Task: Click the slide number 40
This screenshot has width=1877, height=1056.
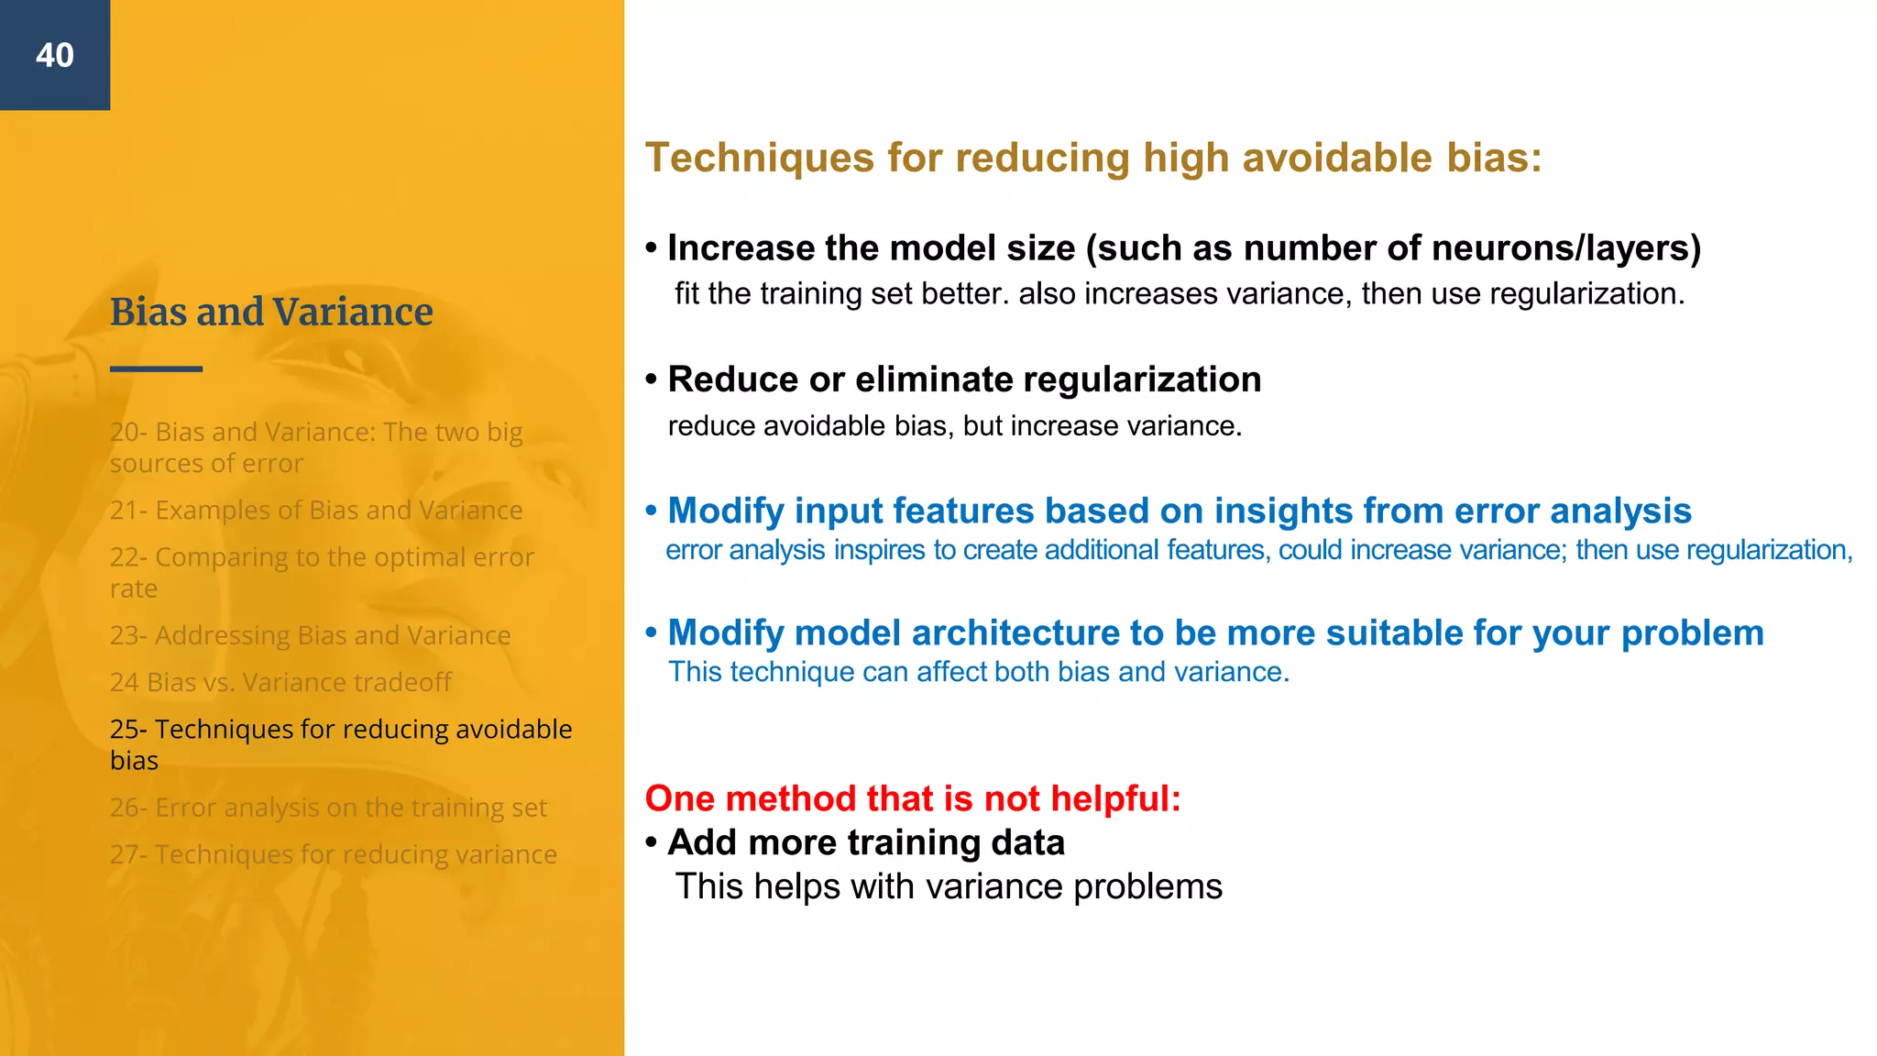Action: coord(55,56)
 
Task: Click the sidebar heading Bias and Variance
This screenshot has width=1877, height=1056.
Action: coord(271,313)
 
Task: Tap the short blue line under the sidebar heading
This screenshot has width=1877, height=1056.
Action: coord(156,368)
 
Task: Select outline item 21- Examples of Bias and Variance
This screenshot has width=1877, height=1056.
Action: coord(316,511)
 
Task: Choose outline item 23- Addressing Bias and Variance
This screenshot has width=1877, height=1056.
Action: coord(310,635)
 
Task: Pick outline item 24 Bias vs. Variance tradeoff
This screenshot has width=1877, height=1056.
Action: coord(280,682)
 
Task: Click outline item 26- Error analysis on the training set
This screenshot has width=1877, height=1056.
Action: coord(328,808)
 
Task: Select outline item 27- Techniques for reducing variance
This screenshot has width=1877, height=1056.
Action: coord(333,854)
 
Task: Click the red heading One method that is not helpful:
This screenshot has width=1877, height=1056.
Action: coord(913,798)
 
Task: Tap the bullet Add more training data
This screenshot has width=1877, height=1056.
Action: coord(865,842)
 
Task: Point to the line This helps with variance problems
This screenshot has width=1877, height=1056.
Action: coord(949,886)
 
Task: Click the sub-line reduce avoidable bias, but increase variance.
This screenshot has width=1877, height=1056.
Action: coord(954,426)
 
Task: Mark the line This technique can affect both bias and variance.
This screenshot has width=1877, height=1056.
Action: coord(979,672)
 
